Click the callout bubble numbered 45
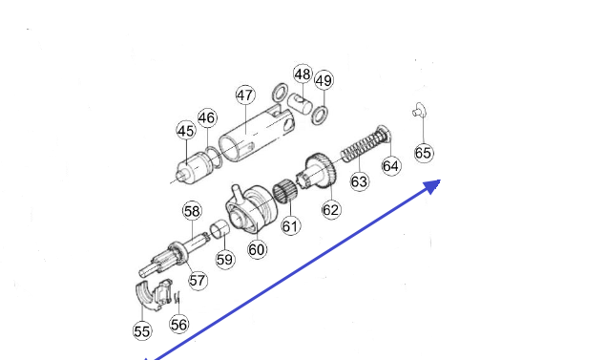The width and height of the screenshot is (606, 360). tap(186, 131)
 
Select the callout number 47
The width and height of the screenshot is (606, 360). tap(245, 95)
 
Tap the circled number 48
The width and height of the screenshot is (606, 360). tap(303, 74)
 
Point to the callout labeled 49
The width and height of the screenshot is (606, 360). tap(324, 80)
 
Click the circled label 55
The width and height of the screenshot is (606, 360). tap(142, 331)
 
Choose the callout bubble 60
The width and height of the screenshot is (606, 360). tap(257, 249)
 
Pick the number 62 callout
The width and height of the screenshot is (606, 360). tap(331, 210)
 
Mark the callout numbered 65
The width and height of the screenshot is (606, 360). tap(423, 153)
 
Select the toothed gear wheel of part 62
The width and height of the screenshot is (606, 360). tap(322, 170)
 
